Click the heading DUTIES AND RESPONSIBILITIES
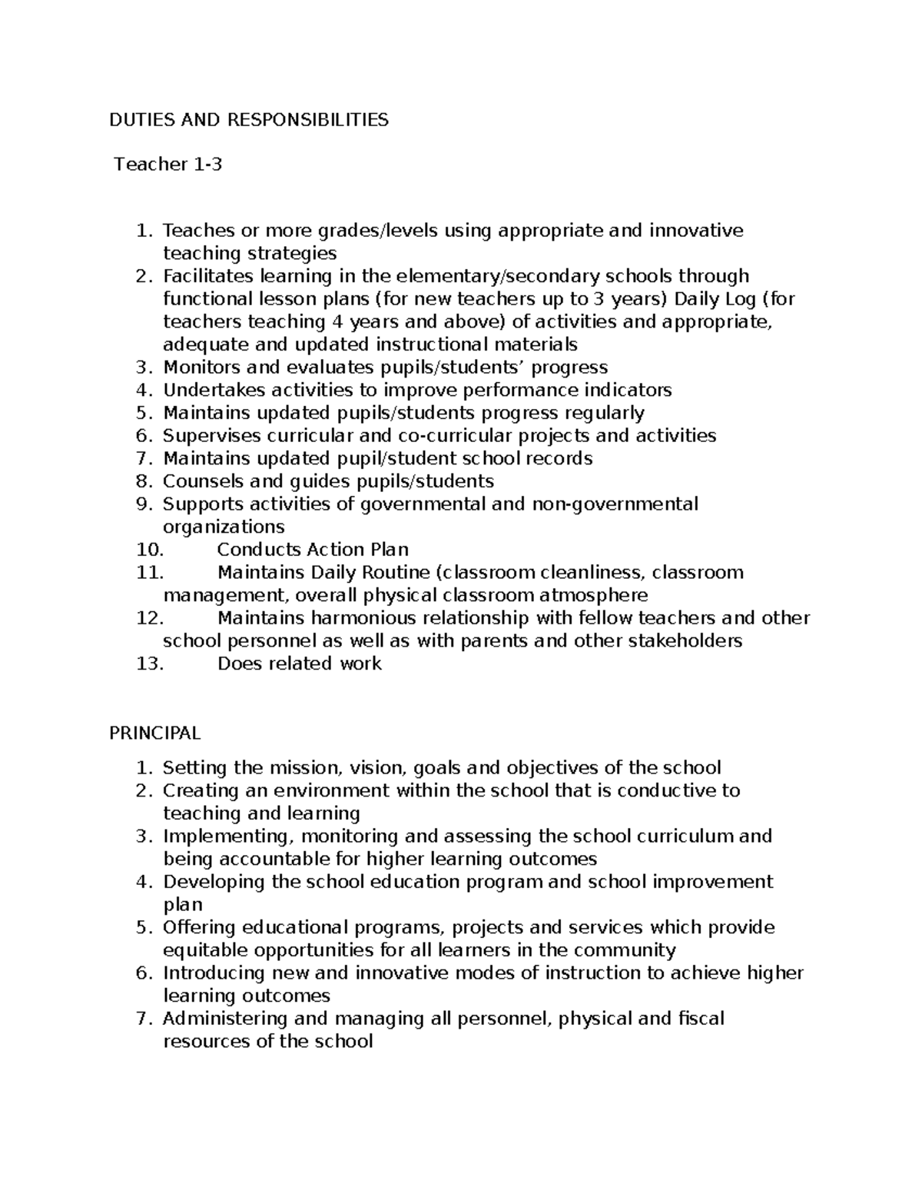(248, 119)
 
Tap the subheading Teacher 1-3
(168, 164)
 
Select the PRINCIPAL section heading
(154, 733)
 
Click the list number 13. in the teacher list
(150, 664)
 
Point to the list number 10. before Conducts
(150, 550)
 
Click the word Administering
(221, 1019)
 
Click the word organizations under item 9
(224, 527)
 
